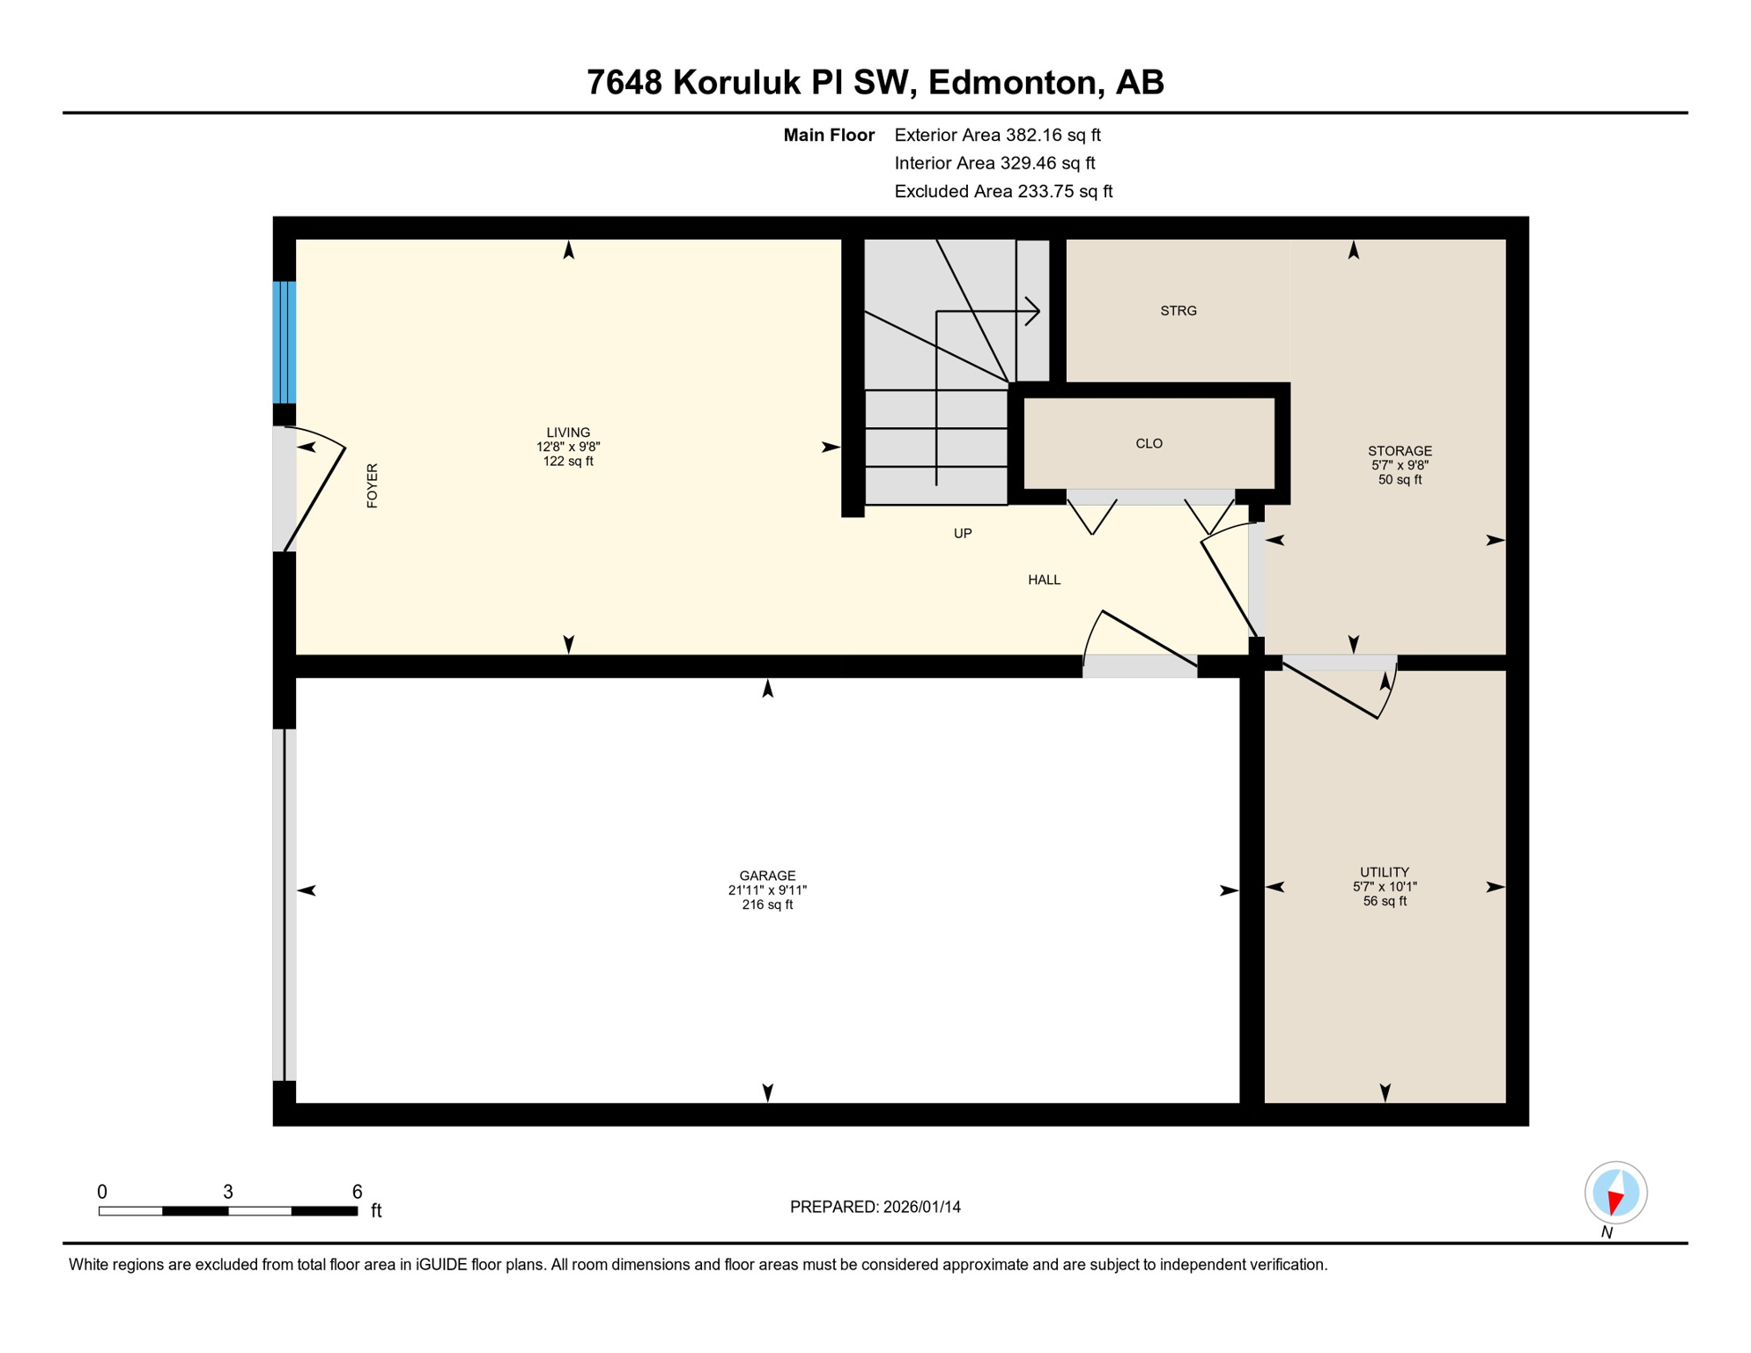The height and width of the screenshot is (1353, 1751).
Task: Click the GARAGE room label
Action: (767, 876)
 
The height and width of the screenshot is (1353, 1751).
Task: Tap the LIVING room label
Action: (568, 433)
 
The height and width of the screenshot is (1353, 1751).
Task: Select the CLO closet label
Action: (1149, 443)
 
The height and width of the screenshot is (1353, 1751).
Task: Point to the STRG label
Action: (1178, 311)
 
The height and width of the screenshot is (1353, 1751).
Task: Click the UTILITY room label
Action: (1384, 872)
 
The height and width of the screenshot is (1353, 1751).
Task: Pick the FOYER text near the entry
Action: (373, 485)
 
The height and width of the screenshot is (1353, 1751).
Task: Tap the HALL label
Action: (1044, 580)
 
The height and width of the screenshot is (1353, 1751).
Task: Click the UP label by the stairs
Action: (962, 534)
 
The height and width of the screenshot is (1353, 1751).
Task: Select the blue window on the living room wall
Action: (284, 342)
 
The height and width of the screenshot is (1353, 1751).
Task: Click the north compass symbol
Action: (1615, 1193)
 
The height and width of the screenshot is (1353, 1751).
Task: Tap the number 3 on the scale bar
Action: (227, 1192)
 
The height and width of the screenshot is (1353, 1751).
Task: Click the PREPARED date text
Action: (875, 1207)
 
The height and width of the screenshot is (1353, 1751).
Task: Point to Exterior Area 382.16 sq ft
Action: (997, 135)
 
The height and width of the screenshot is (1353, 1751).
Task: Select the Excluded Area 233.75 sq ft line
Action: (1002, 191)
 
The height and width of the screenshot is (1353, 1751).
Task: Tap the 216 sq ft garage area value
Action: (767, 905)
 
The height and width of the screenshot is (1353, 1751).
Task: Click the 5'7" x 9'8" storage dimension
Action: (1399, 465)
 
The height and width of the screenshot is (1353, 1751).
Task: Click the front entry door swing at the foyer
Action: (315, 493)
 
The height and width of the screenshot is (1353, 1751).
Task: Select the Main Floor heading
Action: (828, 135)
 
